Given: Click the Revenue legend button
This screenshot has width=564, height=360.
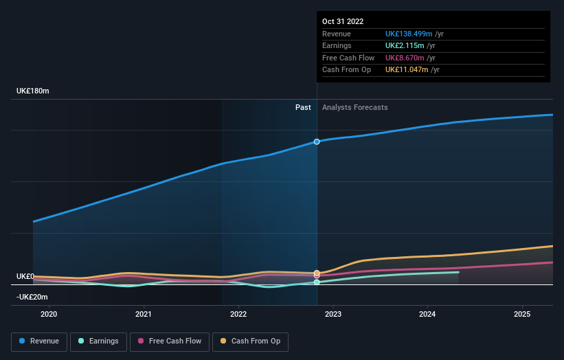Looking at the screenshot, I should click(x=39, y=341).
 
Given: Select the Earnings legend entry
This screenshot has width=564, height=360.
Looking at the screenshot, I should click(x=98, y=341).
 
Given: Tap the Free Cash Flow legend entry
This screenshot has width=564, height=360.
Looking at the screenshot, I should click(x=169, y=341).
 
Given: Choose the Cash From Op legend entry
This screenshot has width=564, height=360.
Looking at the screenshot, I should click(x=250, y=341).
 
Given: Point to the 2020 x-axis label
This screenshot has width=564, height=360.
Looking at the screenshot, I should click(x=49, y=315).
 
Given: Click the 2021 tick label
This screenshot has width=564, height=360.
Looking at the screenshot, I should click(x=144, y=315).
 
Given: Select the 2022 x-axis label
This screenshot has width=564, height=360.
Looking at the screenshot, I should click(x=238, y=315).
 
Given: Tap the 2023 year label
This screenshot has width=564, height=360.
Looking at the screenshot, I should click(x=332, y=315).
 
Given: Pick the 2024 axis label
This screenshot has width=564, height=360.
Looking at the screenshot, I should click(x=427, y=315).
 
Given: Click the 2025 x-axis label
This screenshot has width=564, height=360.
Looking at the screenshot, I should click(x=522, y=315).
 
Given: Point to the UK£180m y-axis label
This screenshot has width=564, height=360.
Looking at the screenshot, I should click(x=33, y=91).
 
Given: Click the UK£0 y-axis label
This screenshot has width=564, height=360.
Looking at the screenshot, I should click(x=25, y=276).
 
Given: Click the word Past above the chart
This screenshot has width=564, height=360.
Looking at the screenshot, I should click(x=303, y=107).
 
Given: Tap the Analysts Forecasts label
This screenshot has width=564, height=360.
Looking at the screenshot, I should click(x=354, y=107).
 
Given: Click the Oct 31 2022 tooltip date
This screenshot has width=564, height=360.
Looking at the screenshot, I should click(x=342, y=21).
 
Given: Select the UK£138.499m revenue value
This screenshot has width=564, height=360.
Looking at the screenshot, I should click(x=409, y=34).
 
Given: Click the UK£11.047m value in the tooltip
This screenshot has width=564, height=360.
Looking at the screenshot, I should click(x=407, y=69).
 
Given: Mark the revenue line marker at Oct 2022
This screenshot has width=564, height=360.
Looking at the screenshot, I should click(x=317, y=142).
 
